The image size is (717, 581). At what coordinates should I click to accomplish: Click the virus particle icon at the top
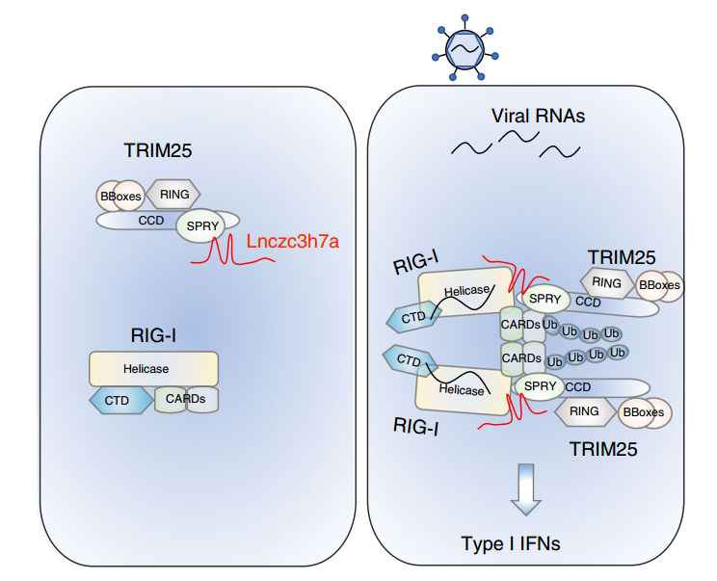[x=465, y=46]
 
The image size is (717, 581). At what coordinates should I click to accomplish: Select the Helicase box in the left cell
[x=153, y=369]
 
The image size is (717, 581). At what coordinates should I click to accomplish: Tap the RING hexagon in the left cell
[x=173, y=195]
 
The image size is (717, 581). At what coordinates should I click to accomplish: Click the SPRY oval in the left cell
[x=199, y=227]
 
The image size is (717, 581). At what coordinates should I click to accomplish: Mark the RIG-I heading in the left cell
[x=153, y=334]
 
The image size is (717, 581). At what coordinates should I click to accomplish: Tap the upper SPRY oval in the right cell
[x=544, y=300]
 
